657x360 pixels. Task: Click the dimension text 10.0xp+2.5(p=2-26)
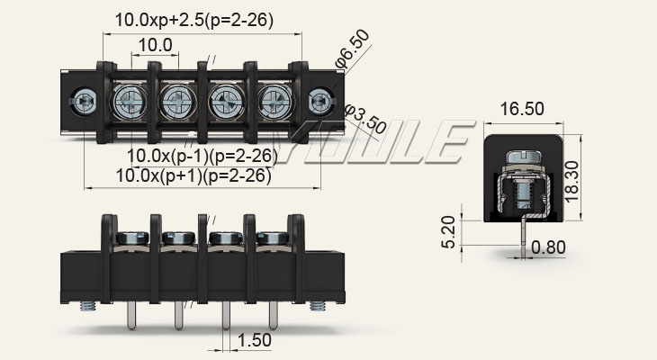(194, 19)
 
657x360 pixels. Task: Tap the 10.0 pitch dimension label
(156, 45)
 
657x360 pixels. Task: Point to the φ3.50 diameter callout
(365, 119)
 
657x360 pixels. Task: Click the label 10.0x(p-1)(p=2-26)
(202, 156)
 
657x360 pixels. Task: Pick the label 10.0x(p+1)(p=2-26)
(193, 175)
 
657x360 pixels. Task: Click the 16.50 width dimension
(522, 109)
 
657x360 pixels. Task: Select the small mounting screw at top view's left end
(87, 100)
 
